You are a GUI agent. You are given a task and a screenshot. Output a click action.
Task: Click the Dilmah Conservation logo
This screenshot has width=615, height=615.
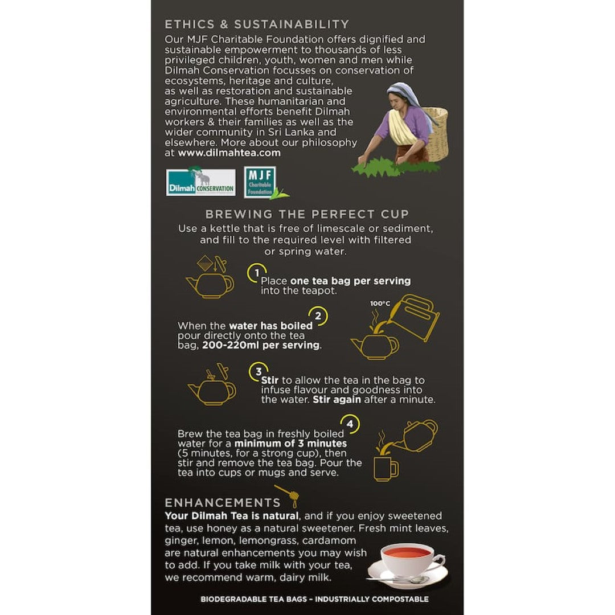200,182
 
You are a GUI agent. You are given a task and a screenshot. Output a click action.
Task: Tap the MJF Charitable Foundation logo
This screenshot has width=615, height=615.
260,182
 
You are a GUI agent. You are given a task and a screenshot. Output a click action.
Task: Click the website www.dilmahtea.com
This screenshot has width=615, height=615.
229,153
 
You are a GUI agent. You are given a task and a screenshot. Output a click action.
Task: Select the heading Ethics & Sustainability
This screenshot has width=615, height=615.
257,24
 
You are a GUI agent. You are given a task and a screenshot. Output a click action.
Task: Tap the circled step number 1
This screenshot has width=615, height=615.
257,273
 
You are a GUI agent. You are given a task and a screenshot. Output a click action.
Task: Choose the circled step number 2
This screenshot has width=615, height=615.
318,315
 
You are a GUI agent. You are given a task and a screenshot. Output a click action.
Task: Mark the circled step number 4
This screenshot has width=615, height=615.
350,424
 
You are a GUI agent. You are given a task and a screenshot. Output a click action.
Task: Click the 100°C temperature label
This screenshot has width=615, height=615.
380,303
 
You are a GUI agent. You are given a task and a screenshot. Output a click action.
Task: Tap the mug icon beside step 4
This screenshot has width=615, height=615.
386,469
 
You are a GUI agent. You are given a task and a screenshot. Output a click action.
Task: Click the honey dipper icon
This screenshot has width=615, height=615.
288,496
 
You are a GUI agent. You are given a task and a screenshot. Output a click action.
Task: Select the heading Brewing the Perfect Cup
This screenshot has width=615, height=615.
307,214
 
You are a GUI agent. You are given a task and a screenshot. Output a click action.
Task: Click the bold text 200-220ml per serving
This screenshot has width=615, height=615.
261,345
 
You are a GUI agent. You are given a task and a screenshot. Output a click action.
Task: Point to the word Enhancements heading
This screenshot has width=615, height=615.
223,502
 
